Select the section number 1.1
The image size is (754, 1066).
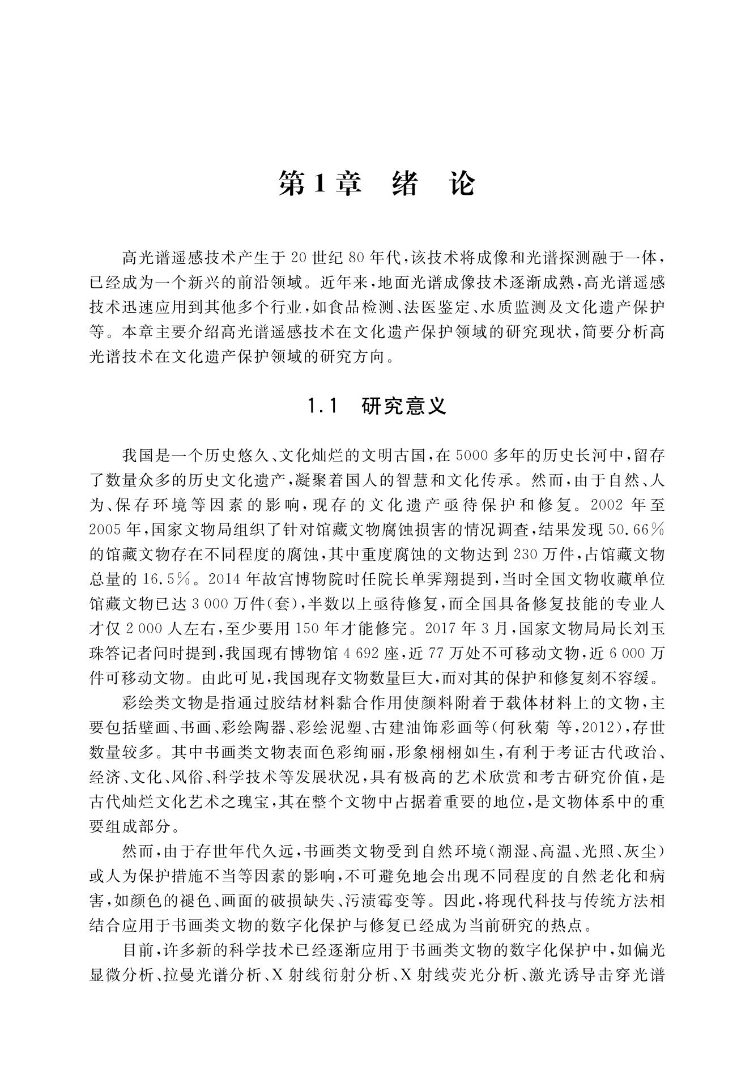322,406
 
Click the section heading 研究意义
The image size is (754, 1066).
404,406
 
